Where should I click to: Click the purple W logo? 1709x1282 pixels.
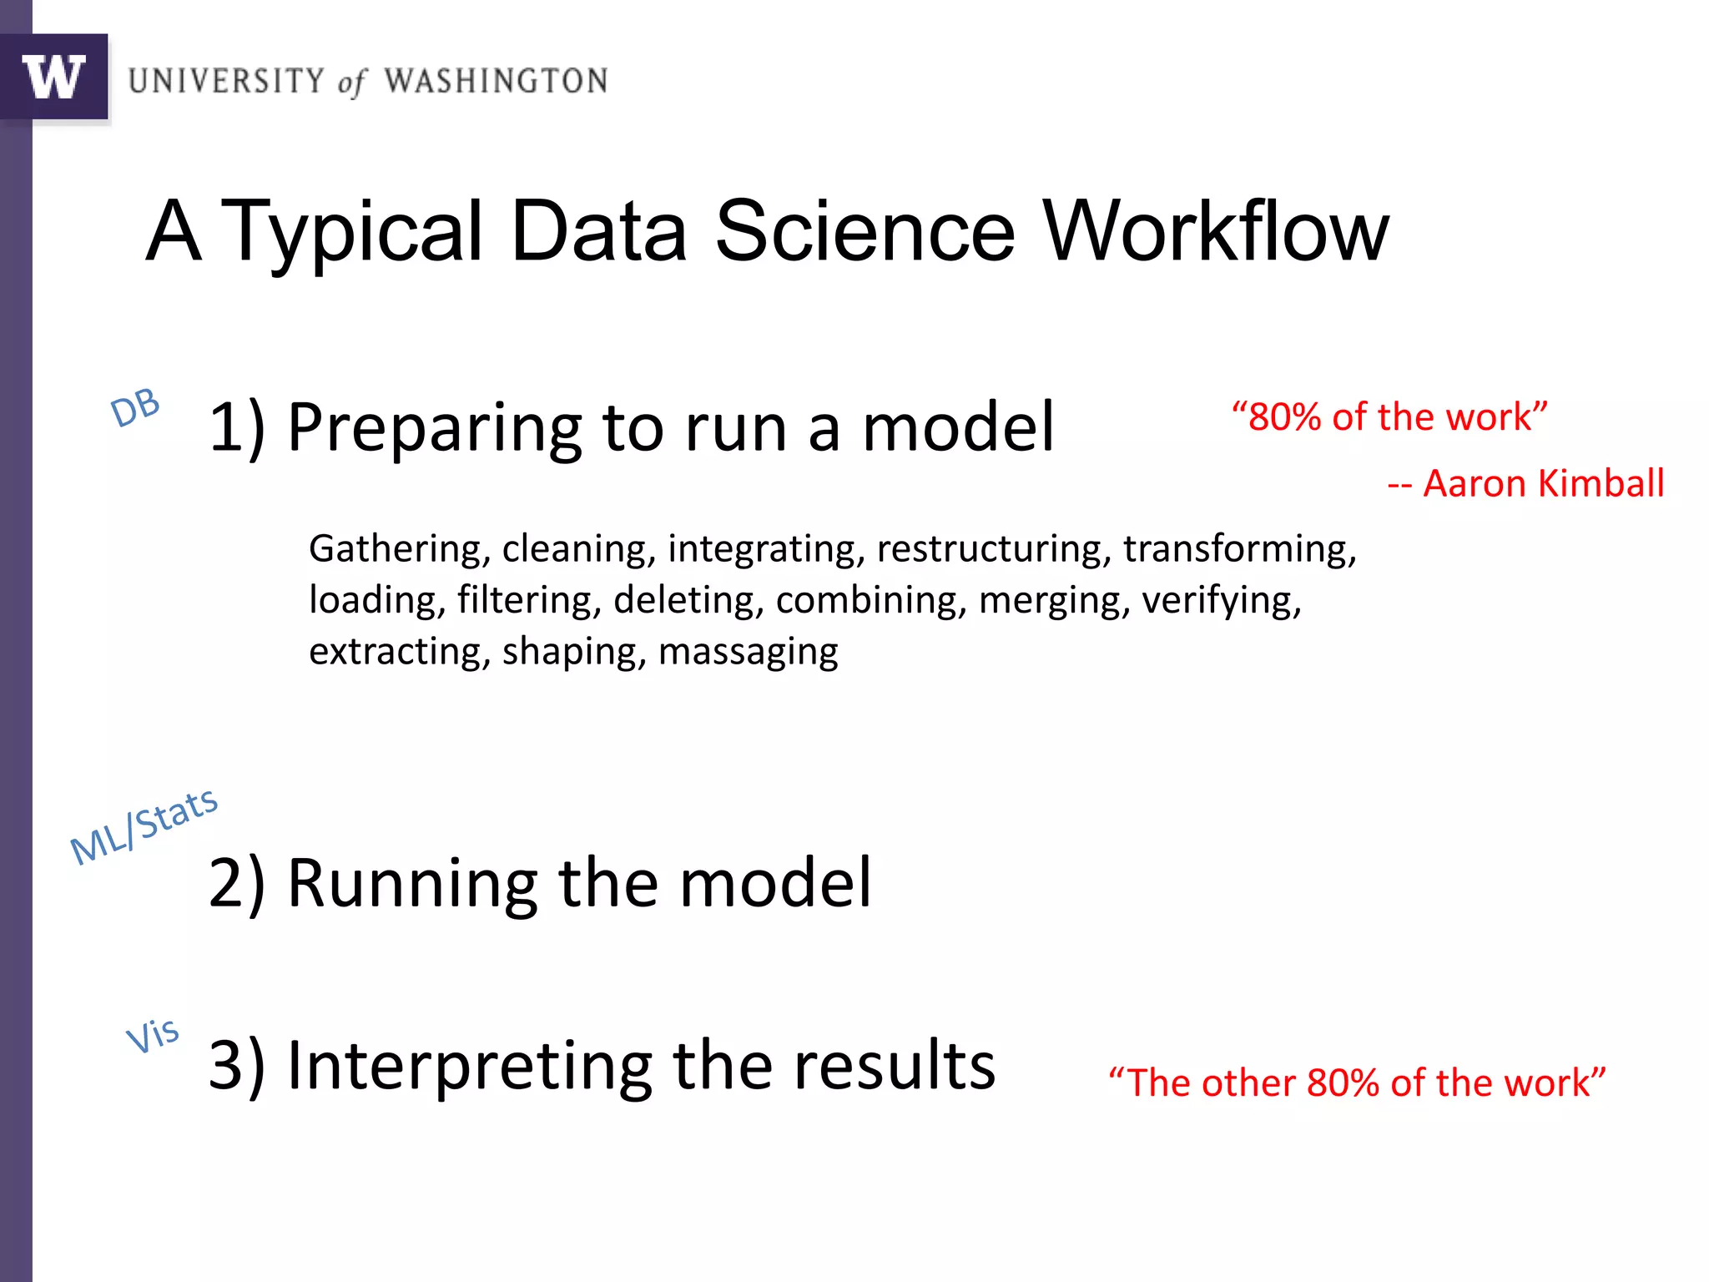pyautogui.click(x=54, y=77)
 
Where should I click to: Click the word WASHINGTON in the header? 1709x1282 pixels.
pyautogui.click(x=496, y=81)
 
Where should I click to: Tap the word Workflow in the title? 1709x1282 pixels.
pyautogui.click(x=1216, y=231)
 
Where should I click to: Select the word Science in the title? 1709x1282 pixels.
pyautogui.click(x=865, y=231)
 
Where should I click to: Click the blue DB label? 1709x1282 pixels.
pyautogui.click(x=135, y=408)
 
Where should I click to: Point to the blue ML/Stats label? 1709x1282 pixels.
pyautogui.click(x=144, y=825)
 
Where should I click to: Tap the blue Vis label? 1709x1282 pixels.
pyautogui.click(x=153, y=1035)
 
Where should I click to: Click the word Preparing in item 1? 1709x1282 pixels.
pyautogui.click(x=433, y=428)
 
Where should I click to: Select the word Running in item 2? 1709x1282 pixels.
pyautogui.click(x=412, y=883)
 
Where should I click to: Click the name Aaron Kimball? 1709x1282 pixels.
pyautogui.click(x=1543, y=484)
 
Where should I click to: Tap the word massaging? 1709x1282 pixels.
pyautogui.click(x=748, y=653)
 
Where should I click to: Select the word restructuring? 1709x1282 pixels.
pyautogui.click(x=993, y=550)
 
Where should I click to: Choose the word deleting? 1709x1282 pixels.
pyautogui.click(x=688, y=601)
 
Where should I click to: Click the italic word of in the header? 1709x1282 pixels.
pyautogui.click(x=352, y=83)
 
